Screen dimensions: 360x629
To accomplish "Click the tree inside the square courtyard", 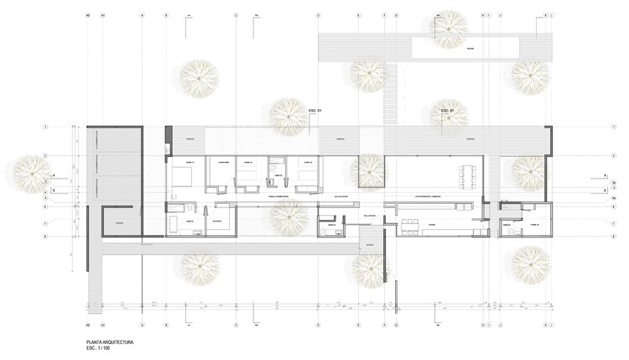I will pos(368,170).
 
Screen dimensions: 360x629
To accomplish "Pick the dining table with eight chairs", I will pos(465,175).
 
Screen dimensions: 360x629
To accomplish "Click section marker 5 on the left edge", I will pos(53,190).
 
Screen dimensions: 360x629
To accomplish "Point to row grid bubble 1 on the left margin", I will pos(46,127).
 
